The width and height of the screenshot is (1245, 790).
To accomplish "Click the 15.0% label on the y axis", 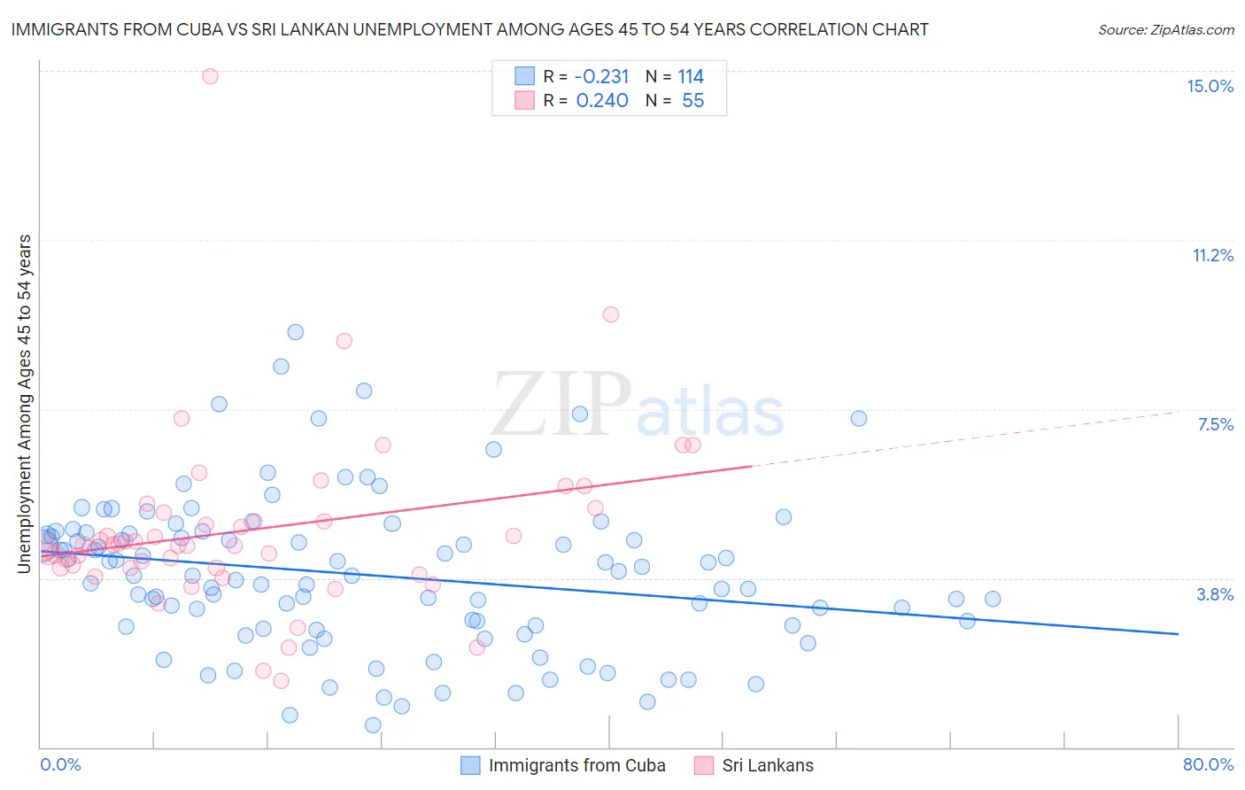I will pos(1210,86).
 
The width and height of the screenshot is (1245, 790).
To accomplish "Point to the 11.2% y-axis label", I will pos(1212,255).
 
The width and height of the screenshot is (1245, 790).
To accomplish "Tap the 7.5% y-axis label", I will pos(1215,424).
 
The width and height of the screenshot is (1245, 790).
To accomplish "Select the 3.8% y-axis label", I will pos(1215,594).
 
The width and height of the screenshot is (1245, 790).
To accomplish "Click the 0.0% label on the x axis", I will pos(60,764).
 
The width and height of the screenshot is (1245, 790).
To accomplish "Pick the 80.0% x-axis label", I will pos(1208,764).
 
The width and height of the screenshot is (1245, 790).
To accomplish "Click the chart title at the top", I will pos(469,29).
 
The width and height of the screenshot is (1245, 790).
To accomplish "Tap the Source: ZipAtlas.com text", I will pos(1165,29).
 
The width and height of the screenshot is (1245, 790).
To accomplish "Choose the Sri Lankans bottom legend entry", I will pos(767,765).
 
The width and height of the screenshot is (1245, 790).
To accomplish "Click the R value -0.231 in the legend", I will pos(602,77).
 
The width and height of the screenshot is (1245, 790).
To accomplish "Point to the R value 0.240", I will pos(602,101).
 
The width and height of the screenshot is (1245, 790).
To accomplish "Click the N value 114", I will pos(691,77).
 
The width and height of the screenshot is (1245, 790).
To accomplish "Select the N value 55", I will pos(692,101).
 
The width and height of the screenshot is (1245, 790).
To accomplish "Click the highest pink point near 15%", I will pos(210,76).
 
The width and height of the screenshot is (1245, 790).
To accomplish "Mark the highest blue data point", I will pos(296,332).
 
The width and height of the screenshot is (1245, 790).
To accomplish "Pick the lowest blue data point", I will pos(373,725).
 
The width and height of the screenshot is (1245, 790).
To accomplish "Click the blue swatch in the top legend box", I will pos(525,76).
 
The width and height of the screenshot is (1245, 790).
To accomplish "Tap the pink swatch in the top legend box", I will pos(525,100).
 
